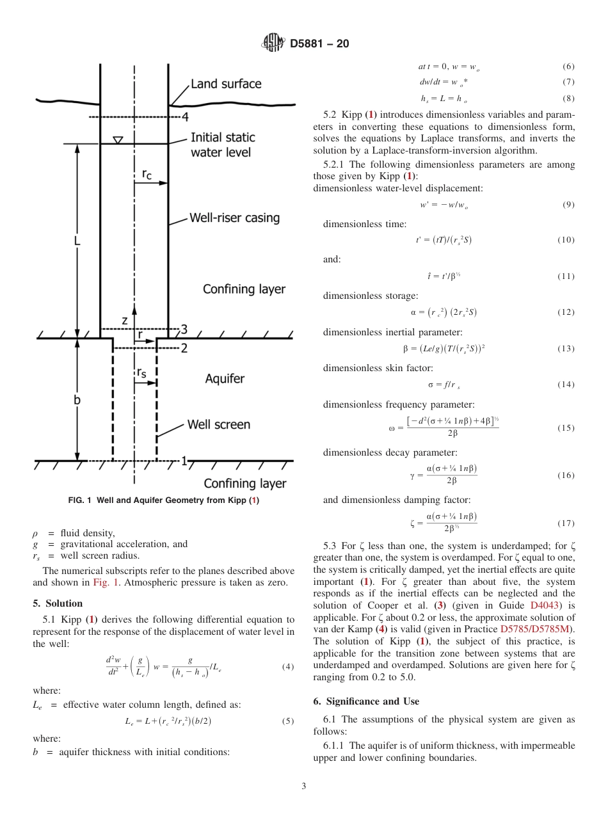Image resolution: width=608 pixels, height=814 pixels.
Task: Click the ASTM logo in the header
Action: [273, 44]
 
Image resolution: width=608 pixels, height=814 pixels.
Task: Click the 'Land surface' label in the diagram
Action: [226, 84]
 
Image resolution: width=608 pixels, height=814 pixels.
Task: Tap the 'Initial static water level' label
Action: [222, 145]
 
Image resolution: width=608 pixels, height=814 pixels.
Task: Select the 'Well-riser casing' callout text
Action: [234, 218]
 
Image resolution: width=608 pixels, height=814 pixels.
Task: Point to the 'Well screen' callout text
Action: [218, 425]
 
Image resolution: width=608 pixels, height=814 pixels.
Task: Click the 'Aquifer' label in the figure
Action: [225, 379]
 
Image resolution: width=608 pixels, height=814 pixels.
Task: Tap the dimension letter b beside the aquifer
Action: [77, 399]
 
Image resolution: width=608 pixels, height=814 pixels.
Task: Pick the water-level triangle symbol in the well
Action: [118, 140]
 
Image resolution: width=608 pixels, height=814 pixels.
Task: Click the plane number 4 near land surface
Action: [185, 117]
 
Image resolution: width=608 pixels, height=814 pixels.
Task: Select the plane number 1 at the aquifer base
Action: [184, 461]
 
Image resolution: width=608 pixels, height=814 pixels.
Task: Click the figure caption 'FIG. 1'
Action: [163, 500]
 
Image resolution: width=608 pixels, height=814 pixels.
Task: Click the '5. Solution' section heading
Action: [58, 603]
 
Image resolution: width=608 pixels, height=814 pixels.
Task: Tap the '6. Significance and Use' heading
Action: [366, 701]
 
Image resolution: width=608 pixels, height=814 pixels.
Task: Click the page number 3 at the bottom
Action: [304, 786]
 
